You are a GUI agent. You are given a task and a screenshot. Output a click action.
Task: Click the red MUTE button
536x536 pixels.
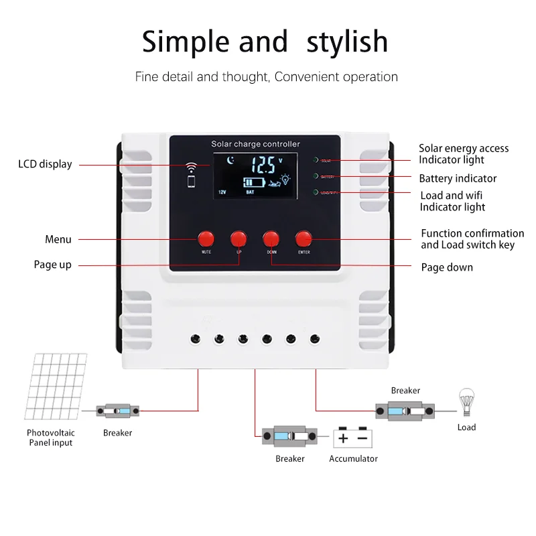point(206,239)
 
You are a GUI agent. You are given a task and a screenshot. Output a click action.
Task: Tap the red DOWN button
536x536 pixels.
point(271,239)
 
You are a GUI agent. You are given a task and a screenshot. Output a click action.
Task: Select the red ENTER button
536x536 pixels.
point(304,239)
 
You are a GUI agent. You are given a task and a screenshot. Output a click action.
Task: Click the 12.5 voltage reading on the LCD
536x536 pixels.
point(262,164)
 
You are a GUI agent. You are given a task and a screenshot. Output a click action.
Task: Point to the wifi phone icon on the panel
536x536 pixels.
point(192,174)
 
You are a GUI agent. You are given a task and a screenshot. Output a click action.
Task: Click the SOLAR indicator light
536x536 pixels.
point(316,160)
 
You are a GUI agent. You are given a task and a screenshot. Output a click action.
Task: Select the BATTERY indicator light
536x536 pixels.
point(316,176)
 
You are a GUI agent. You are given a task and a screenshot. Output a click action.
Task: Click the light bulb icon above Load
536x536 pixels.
point(466,402)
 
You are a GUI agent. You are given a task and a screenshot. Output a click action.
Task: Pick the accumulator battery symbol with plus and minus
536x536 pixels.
point(352,438)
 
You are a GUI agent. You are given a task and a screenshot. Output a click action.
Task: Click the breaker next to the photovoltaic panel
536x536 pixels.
point(117,410)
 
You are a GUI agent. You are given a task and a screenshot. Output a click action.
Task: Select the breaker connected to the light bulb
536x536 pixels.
point(405,409)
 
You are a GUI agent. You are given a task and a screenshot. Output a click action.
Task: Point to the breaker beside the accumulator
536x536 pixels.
point(289,437)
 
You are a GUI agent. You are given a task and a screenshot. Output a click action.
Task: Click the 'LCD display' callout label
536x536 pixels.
point(45,164)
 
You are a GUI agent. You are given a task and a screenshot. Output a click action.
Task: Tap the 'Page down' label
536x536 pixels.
point(447,267)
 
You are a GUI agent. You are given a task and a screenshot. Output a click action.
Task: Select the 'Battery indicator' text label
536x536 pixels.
point(458,178)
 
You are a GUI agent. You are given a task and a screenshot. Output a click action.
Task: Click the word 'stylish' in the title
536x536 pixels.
point(347,42)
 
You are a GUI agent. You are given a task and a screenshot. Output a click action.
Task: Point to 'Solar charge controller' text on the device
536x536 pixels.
point(255,144)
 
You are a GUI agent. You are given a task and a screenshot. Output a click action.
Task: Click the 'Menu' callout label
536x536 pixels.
point(58,239)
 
